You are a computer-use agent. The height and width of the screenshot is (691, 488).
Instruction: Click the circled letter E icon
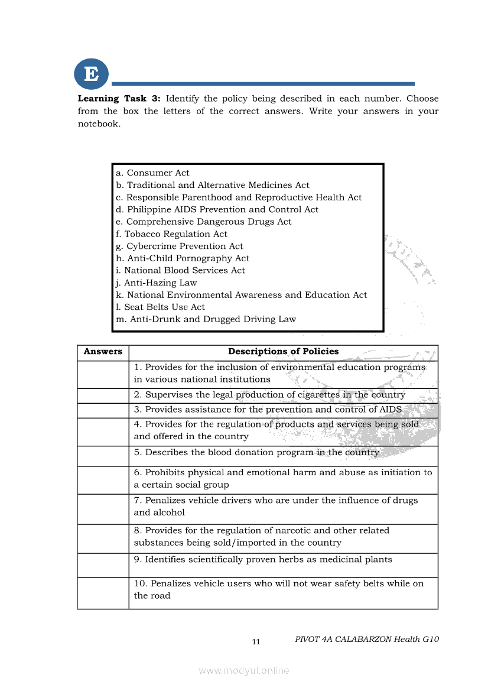92,74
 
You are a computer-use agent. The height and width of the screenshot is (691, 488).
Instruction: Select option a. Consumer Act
152,173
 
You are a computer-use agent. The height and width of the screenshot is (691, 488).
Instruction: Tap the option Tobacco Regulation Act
171,234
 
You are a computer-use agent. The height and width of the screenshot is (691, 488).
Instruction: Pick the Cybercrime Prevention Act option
179,246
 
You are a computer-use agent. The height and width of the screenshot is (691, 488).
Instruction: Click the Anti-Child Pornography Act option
183,258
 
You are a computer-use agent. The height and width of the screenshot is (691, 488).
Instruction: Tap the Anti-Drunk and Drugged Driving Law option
206,319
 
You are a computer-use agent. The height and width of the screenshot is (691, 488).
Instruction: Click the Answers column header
103,352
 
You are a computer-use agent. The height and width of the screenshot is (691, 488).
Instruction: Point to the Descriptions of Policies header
283,352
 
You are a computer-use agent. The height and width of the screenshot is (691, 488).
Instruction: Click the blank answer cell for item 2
103,395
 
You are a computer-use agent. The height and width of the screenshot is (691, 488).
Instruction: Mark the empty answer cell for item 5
103,456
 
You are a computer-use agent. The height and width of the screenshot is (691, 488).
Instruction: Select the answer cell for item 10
103,592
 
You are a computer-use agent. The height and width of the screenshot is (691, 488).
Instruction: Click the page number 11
256,642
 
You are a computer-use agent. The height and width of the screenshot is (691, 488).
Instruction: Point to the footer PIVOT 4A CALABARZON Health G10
366,639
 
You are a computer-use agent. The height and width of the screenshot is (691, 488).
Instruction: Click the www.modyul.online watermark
244,670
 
